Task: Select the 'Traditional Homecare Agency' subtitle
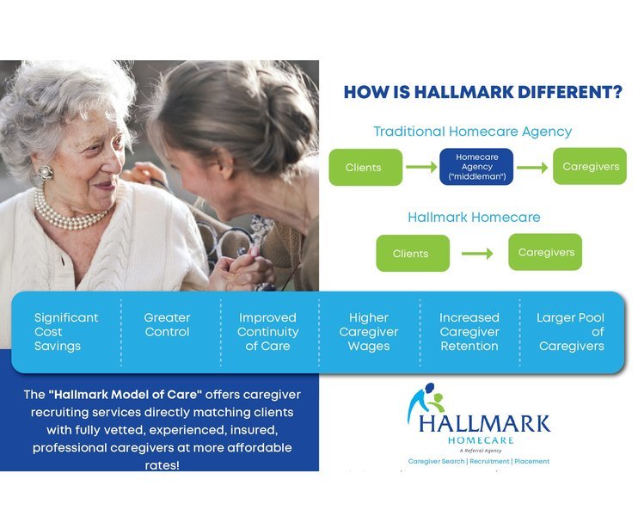tap(472, 132)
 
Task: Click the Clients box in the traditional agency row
tap(365, 167)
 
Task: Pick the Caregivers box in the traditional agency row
tap(590, 166)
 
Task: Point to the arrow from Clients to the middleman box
tap(421, 167)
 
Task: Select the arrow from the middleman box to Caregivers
tap(532, 167)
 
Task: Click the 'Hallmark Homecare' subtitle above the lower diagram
tap(474, 217)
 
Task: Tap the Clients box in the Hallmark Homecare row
tap(412, 253)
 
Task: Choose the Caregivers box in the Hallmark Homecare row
tap(545, 252)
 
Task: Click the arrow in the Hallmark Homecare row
tap(477, 254)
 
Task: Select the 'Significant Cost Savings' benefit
tap(66, 332)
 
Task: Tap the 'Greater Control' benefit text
tap(167, 325)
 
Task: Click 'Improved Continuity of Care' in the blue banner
tap(267, 332)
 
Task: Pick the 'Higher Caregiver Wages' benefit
tap(369, 332)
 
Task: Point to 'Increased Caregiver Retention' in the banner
tap(469, 332)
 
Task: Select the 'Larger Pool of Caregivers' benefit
tap(571, 332)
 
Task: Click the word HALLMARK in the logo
tap(485, 423)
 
